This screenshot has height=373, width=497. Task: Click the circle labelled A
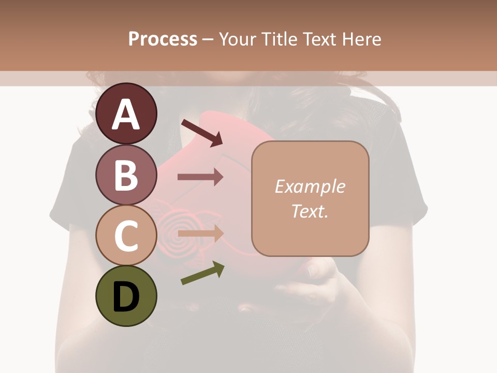click(126, 113)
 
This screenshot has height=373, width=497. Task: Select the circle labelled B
click(126, 175)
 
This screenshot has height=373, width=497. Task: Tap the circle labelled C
click(126, 235)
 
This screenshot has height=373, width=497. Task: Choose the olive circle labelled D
click(126, 296)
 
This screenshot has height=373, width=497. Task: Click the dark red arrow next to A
click(202, 133)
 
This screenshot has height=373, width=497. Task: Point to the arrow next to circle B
click(200, 177)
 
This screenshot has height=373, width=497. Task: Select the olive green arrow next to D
click(202, 273)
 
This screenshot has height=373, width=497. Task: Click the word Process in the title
click(163, 39)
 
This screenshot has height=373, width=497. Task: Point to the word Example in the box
click(310, 187)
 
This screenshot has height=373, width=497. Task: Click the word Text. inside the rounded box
click(310, 211)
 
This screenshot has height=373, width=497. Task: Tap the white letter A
click(126, 114)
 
